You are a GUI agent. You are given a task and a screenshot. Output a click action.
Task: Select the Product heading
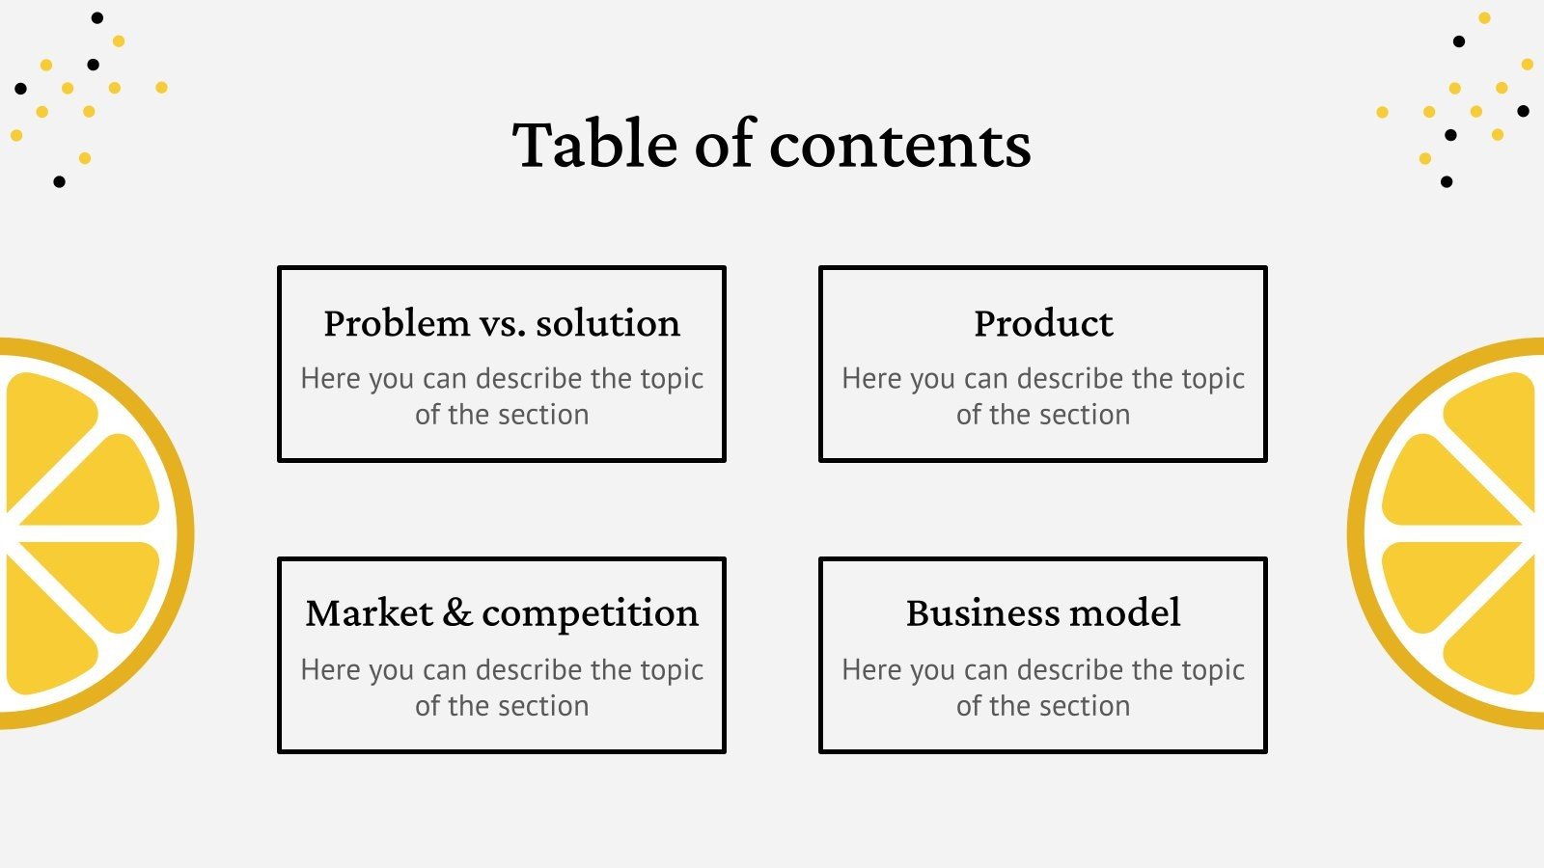coord(1043,323)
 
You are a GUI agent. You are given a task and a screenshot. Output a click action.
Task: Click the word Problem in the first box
coord(397,323)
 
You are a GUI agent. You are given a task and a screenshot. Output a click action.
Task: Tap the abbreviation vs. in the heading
coord(502,323)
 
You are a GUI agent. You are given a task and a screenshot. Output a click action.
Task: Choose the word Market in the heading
coord(369,613)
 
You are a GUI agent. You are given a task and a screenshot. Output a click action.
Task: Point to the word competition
coord(590,613)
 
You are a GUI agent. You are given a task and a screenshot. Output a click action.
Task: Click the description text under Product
coord(1043,396)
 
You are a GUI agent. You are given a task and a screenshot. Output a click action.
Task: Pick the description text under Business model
coord(1043,688)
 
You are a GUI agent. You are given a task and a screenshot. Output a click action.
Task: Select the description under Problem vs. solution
coord(502,396)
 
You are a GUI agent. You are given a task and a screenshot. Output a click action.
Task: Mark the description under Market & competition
coord(502,688)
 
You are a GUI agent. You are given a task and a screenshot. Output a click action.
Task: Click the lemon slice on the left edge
coord(87,533)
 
